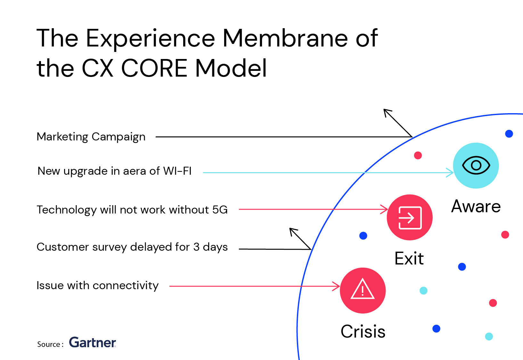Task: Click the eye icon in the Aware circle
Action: (476, 165)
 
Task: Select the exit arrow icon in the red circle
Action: (410, 218)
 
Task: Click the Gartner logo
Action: (93, 342)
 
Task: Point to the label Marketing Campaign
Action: (91, 137)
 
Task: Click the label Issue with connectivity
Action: (98, 286)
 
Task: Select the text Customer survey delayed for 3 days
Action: (132, 247)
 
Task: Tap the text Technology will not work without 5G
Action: (132, 210)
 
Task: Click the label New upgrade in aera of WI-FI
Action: (114, 171)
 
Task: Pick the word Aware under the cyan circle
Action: (476, 206)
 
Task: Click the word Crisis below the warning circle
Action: (363, 331)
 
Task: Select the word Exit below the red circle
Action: (409, 258)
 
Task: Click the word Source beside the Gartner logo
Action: (49, 344)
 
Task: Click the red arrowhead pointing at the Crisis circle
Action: (337, 286)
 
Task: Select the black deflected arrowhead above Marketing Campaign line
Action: (387, 113)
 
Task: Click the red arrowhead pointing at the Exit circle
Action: (384, 209)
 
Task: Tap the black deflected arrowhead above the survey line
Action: (293, 232)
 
